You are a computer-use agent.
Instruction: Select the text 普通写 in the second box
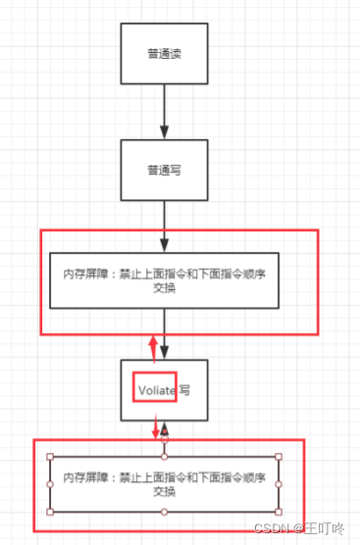pyautogui.click(x=164, y=169)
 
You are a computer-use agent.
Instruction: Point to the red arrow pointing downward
pyautogui.click(x=154, y=428)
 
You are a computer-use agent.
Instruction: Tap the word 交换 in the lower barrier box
pyautogui.click(x=164, y=492)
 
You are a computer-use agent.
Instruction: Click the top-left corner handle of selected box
pyautogui.click(x=50, y=457)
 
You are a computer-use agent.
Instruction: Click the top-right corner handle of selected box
pyautogui.click(x=279, y=457)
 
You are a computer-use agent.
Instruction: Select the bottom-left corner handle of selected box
pyautogui.click(x=50, y=512)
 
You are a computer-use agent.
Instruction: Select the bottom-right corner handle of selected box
pyautogui.click(x=279, y=512)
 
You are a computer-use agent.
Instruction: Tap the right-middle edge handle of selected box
pyautogui.click(x=279, y=484)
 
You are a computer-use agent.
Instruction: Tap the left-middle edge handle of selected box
pyautogui.click(x=50, y=484)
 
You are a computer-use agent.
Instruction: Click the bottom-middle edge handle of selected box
pyautogui.click(x=165, y=512)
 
